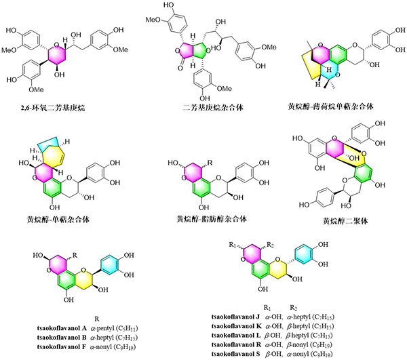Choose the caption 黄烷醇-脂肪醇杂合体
click(202, 219)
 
